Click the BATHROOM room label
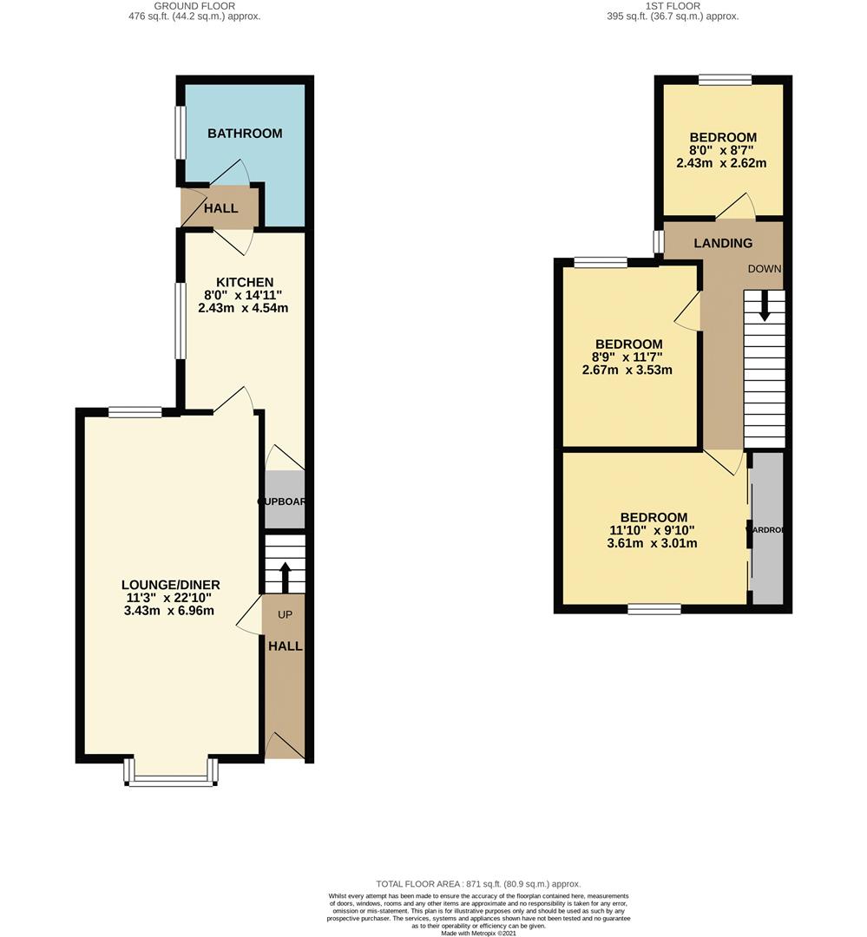245,134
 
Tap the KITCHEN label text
244,282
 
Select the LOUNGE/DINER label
170,584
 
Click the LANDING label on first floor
723,243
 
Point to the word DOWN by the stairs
765,269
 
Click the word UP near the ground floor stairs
285,614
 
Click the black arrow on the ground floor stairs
285,576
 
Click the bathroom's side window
181,133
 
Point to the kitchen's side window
181,321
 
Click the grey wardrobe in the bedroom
767,528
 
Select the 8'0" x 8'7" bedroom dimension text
723,150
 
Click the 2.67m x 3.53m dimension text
627,370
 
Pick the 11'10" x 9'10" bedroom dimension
653,531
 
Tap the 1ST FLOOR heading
673,6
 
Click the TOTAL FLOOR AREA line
477,883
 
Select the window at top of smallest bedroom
725,80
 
